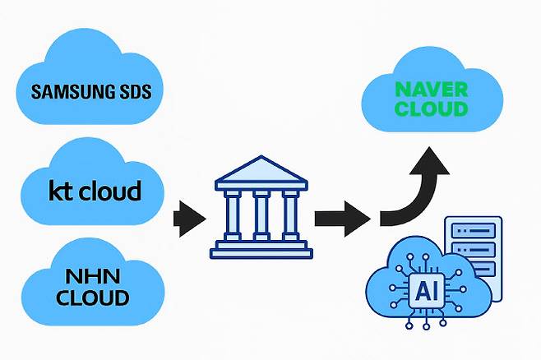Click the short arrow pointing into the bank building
click(x=189, y=219)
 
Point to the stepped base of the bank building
click(x=262, y=247)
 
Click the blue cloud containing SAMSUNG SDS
click(x=90, y=78)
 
